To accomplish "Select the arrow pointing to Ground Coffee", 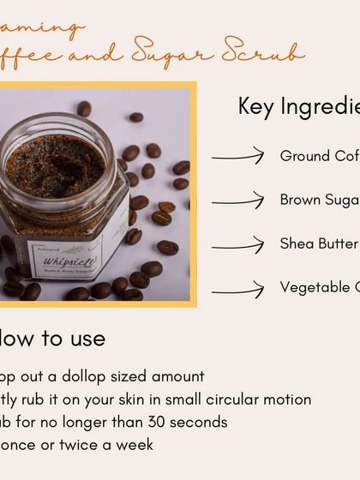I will tap(237, 156).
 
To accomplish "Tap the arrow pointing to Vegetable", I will tap(237, 289).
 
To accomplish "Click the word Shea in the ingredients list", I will tap(296, 244).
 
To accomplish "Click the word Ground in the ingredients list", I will tap(304, 156).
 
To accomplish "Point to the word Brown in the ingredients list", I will tap(301, 201).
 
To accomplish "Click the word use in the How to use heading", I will tap(85, 339).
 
